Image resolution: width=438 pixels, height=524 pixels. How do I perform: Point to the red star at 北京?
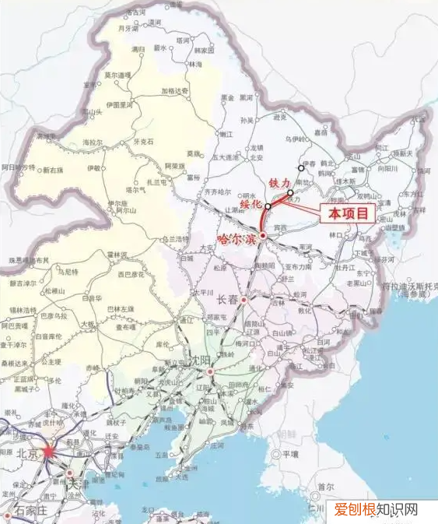coord(49,450)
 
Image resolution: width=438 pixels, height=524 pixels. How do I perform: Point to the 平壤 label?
coord(291,453)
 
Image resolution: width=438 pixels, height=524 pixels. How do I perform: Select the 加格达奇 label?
coord(175,90)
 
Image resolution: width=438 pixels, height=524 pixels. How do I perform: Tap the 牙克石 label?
coord(144,142)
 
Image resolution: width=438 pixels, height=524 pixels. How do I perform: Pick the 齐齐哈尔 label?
coord(217,190)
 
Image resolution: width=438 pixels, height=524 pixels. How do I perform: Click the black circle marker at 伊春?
coord(301,167)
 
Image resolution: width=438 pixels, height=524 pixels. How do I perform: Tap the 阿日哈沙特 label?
coord(18,167)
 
